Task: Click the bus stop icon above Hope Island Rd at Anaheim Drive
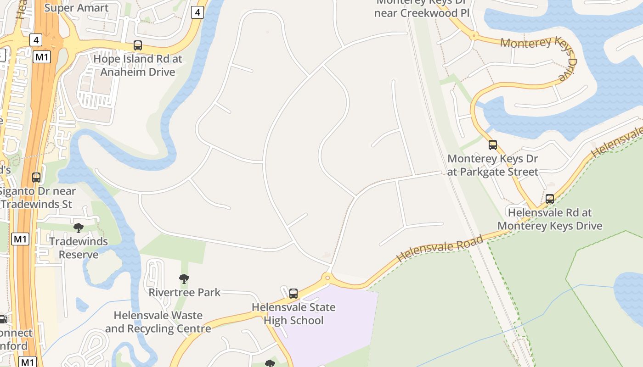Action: [137, 45]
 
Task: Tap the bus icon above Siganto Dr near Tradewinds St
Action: [36, 177]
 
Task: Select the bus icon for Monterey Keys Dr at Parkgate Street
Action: [493, 145]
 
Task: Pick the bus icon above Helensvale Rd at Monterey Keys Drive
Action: [550, 199]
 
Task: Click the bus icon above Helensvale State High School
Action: [293, 293]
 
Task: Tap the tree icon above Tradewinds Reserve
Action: [79, 228]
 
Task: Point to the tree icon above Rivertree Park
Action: [184, 278]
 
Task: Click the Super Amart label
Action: [77, 8]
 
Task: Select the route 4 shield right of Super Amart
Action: [197, 12]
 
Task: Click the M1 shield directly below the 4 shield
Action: [42, 57]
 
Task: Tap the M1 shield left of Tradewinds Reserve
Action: [20, 239]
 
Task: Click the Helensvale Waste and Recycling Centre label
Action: [158, 322]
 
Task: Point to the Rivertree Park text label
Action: [185, 292]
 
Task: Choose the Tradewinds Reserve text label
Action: [79, 248]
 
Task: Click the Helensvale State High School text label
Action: [293, 314]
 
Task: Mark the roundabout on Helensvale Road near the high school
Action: [327, 277]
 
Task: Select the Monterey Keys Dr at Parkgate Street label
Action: [492, 165]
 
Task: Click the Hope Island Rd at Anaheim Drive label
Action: [138, 65]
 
